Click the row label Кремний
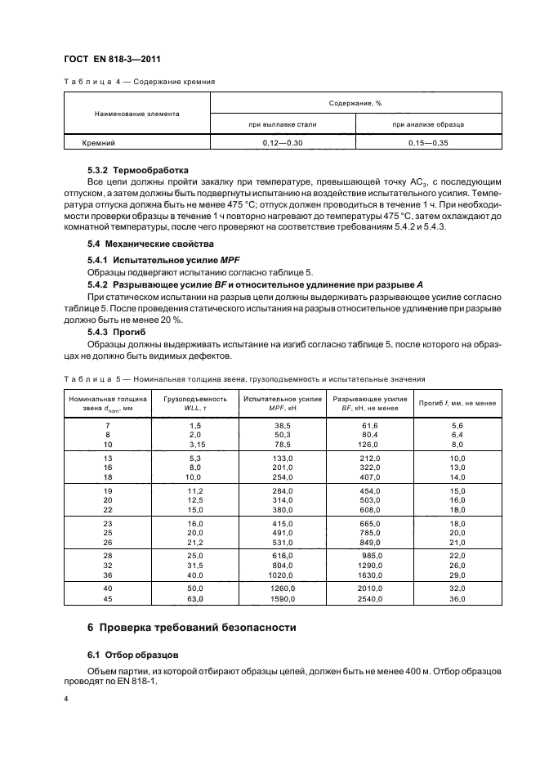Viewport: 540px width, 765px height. coord(98,142)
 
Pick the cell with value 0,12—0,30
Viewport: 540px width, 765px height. coord(283,142)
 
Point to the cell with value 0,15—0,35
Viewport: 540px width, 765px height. coord(428,142)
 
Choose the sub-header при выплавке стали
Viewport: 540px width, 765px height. coord(283,124)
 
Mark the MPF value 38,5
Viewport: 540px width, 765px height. coord(283,426)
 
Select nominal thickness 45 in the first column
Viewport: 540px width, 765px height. coord(106,597)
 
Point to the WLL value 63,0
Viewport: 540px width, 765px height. coord(194,597)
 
